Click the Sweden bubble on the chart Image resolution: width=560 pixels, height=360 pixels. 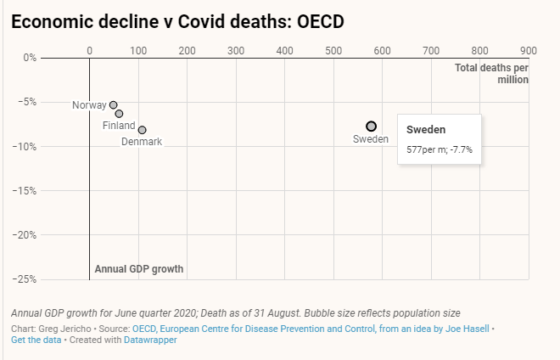(x=372, y=126)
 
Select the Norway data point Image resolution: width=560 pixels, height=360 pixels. (x=113, y=104)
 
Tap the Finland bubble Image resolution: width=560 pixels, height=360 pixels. (x=119, y=113)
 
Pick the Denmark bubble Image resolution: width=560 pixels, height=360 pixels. (x=142, y=130)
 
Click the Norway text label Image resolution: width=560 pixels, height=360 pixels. (x=89, y=105)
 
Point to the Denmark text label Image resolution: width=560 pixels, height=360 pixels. (x=141, y=142)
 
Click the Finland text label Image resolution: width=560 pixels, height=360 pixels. (x=119, y=126)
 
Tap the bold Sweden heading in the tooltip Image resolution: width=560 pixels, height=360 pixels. (x=426, y=130)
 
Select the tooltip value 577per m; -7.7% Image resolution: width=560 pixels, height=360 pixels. (x=440, y=149)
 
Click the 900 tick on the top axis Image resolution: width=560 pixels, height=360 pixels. (x=529, y=49)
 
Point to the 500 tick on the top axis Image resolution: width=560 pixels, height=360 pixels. (x=333, y=49)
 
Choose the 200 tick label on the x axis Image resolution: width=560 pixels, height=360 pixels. (x=187, y=49)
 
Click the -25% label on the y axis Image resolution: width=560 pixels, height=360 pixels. (x=24, y=279)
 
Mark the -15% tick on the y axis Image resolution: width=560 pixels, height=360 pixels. (x=24, y=191)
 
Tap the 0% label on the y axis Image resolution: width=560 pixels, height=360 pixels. (x=29, y=59)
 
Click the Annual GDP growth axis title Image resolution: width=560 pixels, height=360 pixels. (x=138, y=269)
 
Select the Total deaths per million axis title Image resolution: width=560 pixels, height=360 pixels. (x=492, y=73)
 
